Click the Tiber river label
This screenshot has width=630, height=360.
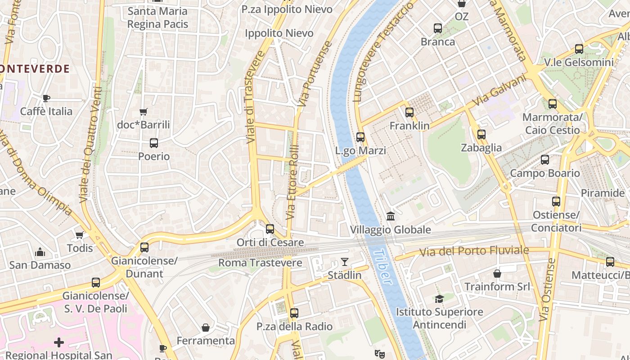pyautogui.click(x=382, y=266)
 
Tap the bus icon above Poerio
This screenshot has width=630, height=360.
pyautogui.click(x=154, y=144)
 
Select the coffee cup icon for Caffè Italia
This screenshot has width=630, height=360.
pyautogui.click(x=46, y=98)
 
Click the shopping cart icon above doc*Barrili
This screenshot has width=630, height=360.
pyautogui.click(x=144, y=112)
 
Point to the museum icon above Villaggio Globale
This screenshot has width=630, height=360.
pyautogui.click(x=391, y=216)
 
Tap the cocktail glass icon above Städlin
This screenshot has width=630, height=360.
pyautogui.click(x=345, y=261)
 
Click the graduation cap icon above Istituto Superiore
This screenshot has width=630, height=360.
pyautogui.click(x=439, y=299)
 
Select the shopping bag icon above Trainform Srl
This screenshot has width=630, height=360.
pyautogui.click(x=497, y=274)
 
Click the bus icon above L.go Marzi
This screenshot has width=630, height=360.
pyautogui.click(x=360, y=137)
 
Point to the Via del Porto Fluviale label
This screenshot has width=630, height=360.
pyautogui.click(x=474, y=251)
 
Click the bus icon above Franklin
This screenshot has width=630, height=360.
pyautogui.click(x=409, y=112)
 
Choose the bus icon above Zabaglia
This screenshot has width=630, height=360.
pyautogui.click(x=481, y=134)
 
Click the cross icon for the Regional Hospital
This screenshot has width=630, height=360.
pyautogui.click(x=59, y=343)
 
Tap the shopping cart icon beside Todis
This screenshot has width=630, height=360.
pyautogui.click(x=80, y=235)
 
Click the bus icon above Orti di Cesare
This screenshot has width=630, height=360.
pyautogui.click(x=270, y=229)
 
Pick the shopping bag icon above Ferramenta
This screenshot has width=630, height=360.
pyautogui.click(x=206, y=328)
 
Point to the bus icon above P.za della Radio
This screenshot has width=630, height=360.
pyautogui.click(x=294, y=313)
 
